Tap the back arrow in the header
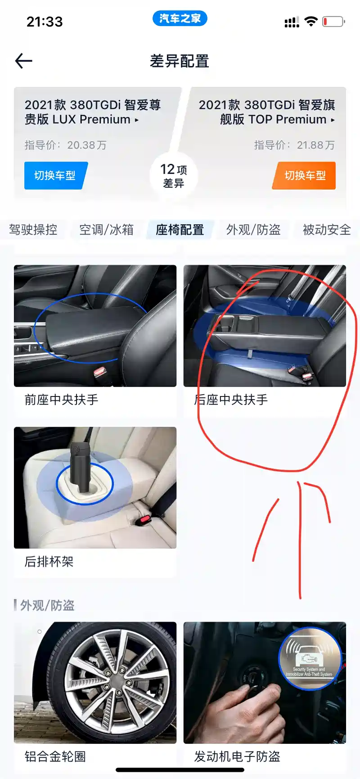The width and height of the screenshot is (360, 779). (x=23, y=61)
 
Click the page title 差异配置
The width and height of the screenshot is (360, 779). (x=180, y=61)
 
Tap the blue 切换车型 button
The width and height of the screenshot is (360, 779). (x=55, y=176)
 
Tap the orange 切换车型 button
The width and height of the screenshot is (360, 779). (x=305, y=176)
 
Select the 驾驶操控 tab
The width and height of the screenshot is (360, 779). (x=33, y=230)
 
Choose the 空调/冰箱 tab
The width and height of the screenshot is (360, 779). (x=106, y=230)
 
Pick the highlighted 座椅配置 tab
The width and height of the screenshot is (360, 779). (x=180, y=230)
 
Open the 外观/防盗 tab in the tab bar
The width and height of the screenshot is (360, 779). (x=253, y=230)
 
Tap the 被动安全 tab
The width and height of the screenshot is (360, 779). (x=327, y=230)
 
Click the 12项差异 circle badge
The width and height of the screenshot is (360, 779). (x=174, y=176)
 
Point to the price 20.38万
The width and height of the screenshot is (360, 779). (x=87, y=145)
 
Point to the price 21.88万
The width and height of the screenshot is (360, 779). (x=316, y=145)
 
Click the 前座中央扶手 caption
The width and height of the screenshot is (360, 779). (x=61, y=400)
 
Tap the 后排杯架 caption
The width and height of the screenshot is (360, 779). (x=49, y=562)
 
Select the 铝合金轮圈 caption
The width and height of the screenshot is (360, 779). (x=55, y=756)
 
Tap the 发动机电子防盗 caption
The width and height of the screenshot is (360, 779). (x=237, y=756)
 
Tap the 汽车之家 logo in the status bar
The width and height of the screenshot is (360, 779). (x=180, y=18)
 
